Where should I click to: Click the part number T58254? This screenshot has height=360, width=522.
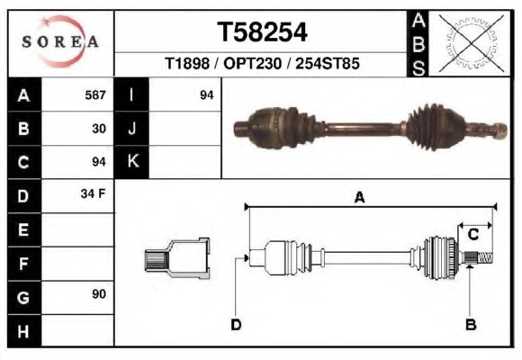[x=262, y=32]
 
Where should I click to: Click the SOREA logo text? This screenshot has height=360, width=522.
[x=60, y=41]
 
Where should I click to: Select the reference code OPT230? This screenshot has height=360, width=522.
[x=253, y=63]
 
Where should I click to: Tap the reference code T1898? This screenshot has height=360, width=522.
[x=187, y=63]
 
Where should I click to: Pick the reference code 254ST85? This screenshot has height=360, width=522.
[x=328, y=63]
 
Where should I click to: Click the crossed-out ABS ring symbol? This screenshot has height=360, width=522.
[x=471, y=43]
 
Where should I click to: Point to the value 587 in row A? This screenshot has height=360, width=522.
[x=95, y=95]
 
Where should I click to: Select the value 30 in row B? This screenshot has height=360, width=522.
[x=99, y=129]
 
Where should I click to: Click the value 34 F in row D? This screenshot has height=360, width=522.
[x=93, y=193]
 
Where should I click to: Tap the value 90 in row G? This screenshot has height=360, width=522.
[x=99, y=293]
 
